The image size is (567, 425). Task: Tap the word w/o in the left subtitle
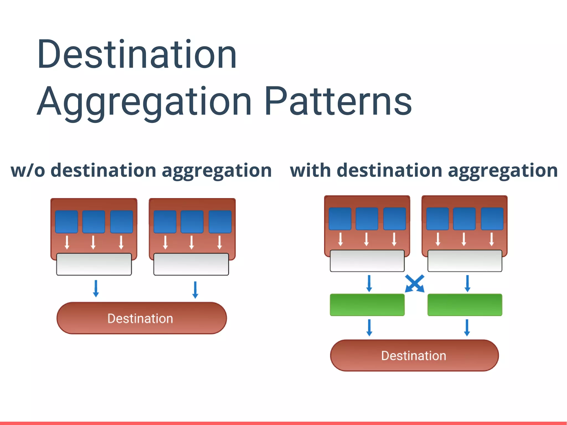28,170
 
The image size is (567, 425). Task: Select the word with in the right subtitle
310,170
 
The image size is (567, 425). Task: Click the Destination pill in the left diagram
141,318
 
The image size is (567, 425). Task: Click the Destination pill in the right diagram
414,356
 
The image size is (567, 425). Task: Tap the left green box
367,305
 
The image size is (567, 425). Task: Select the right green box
465,305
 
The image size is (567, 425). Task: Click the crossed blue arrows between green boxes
414,283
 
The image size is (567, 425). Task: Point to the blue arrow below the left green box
369,328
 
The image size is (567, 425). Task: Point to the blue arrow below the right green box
467,328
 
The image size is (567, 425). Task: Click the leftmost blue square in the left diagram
66,221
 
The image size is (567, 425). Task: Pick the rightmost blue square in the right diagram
492,219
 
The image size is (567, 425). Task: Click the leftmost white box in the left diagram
94,264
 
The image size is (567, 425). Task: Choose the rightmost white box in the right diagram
465,261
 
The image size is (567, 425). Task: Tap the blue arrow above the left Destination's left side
96,289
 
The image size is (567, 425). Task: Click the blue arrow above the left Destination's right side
195,290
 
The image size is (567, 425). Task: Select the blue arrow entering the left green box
369,283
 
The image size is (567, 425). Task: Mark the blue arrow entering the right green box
467,283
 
